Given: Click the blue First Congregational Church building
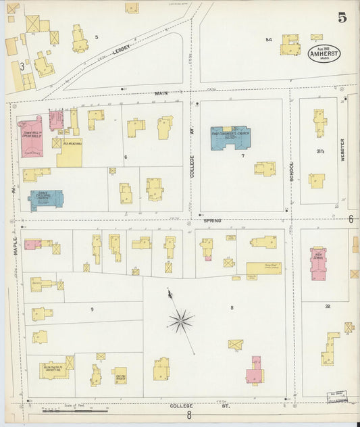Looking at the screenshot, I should point(230,136).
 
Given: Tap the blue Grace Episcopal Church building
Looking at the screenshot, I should point(46,199).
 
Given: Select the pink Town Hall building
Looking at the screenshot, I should point(32,134).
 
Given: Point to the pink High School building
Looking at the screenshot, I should point(318,262).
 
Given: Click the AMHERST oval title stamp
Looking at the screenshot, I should point(324,54).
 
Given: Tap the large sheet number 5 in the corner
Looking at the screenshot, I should point(342,18).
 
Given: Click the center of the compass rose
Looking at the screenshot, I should point(181,321).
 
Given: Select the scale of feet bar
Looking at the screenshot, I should point(74,409).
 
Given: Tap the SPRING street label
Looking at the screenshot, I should point(213,220).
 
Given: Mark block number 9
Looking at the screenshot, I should point(93,308).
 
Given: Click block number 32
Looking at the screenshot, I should point(328,306).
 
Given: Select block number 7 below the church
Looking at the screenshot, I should point(242,155).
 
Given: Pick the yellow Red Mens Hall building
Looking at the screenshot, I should point(70,152).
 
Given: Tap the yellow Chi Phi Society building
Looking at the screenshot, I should point(120,375).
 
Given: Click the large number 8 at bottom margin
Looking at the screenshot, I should point(190,416).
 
